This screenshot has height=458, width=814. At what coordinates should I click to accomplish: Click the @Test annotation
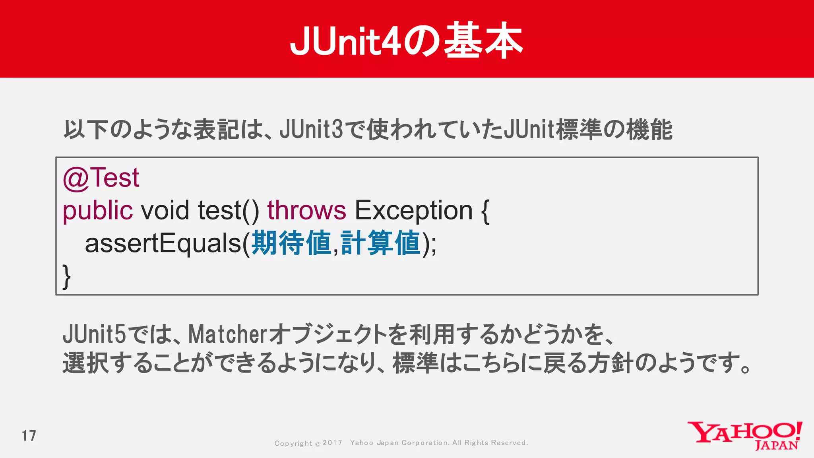[x=101, y=178]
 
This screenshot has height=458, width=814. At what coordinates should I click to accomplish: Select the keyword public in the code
[x=97, y=211]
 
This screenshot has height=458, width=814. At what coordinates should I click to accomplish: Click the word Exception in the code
[x=413, y=211]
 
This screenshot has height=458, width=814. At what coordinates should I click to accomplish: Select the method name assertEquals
[x=163, y=243]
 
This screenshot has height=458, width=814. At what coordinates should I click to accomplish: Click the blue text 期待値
[x=291, y=243]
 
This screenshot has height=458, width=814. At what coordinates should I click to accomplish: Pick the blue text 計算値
[x=380, y=243]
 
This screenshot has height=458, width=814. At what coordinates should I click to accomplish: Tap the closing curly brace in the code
[x=67, y=276]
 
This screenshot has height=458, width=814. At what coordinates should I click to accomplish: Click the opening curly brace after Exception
[x=485, y=211]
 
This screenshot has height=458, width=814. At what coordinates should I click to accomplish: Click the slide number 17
[x=29, y=436]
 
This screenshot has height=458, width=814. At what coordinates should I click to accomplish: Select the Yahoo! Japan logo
[x=745, y=436]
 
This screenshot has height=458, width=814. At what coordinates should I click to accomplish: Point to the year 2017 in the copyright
[x=332, y=443]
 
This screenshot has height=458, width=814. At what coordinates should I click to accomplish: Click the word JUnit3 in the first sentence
[x=311, y=130]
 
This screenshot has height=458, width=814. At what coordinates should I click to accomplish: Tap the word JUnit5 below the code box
[x=94, y=334]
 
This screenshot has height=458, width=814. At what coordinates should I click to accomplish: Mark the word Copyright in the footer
[x=293, y=443]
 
